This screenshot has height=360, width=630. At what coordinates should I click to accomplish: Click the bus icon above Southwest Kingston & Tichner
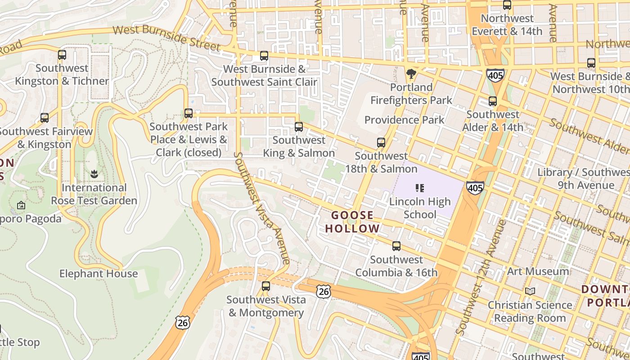click(x=62, y=55)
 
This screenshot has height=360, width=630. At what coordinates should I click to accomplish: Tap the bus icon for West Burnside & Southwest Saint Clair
click(x=264, y=56)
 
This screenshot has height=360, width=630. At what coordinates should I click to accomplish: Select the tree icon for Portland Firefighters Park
click(x=411, y=73)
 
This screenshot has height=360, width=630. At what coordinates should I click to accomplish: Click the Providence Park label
click(x=404, y=120)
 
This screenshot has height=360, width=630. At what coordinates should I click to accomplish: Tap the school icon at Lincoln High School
click(x=420, y=188)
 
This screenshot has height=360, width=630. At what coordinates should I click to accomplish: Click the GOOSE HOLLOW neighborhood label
click(x=353, y=222)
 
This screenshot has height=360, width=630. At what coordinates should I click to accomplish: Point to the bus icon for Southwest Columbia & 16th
click(x=396, y=246)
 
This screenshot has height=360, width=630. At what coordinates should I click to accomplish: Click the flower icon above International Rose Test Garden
click(x=94, y=174)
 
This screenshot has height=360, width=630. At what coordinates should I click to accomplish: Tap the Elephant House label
click(x=99, y=274)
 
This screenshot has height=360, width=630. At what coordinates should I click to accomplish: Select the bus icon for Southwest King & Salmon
click(x=299, y=127)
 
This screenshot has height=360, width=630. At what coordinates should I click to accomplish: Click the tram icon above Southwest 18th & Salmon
click(x=381, y=143)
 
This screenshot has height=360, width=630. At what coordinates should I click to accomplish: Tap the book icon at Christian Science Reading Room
click(x=530, y=292)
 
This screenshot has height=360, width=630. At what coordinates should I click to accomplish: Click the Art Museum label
click(x=538, y=271)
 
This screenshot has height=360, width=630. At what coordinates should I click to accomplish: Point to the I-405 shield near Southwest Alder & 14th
click(x=495, y=75)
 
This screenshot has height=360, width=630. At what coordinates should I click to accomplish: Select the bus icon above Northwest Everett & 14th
click(x=507, y=5)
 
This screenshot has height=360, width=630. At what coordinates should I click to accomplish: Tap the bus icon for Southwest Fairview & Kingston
click(x=45, y=118)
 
